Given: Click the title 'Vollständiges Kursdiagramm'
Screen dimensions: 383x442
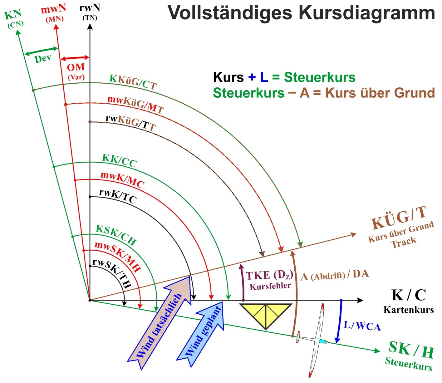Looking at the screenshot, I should coord(301,13).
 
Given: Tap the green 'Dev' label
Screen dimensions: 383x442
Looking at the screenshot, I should coord(43,58).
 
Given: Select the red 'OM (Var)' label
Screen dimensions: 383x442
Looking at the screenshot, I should coord(76,71).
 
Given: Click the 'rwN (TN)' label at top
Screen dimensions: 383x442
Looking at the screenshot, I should coord(90,12).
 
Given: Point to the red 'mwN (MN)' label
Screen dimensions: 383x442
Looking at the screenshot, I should coord(54,13).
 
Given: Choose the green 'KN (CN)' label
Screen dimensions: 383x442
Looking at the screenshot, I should coord(14,19).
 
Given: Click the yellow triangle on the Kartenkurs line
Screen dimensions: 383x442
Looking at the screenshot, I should coord(265,315).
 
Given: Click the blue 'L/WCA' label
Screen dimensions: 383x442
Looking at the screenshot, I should coord(362,326).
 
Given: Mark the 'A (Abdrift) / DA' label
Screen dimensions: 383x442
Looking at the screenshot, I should coord(335,275).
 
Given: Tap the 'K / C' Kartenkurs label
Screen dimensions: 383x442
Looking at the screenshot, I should coord(409,301).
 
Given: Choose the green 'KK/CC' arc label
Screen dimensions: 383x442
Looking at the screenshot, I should coord(120,160).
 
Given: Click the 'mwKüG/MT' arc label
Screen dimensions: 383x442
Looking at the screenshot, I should coord(136,104).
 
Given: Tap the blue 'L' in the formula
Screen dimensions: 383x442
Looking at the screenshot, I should coord(264,77).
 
